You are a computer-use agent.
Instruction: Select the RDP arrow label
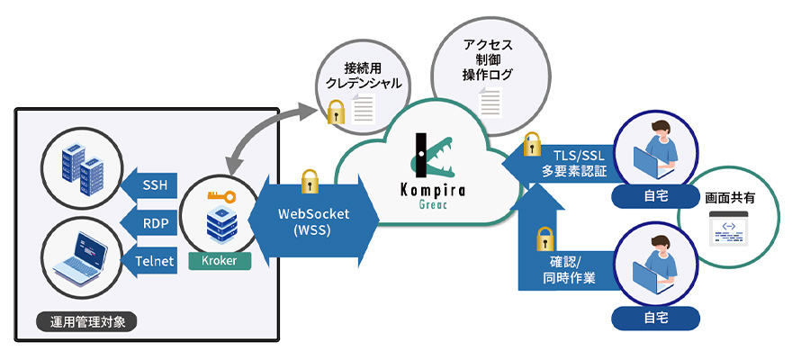(154, 222)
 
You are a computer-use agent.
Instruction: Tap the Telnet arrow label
(154, 260)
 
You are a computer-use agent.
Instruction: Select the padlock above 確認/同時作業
(544, 238)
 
